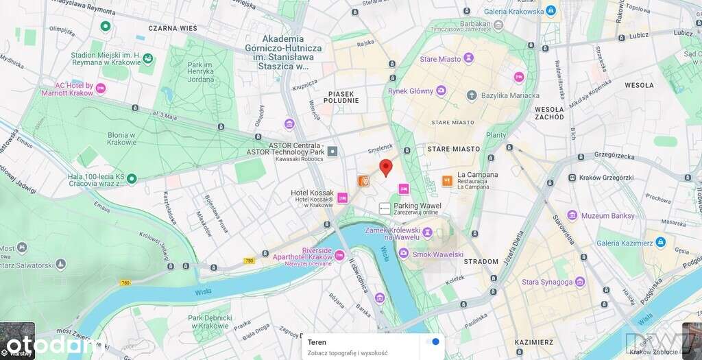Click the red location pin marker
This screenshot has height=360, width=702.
(x=386, y=167)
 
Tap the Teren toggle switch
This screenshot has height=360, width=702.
(x=432, y=341)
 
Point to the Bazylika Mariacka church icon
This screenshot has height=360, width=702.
(x=472, y=95)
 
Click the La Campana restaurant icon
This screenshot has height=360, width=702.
(x=447, y=180)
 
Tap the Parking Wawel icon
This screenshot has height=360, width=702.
(x=385, y=208)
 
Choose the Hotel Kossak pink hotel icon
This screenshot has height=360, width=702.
(x=343, y=197)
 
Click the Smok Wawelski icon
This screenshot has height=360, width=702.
(x=403, y=254)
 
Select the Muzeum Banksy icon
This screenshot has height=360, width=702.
(x=572, y=216)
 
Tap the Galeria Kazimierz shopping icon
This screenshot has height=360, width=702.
(x=660, y=242)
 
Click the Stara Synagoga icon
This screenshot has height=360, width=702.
(x=580, y=282)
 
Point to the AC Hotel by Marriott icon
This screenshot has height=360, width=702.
(x=101, y=88)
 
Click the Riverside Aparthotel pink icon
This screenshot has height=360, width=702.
(x=339, y=256)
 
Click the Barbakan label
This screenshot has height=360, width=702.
(x=476, y=23)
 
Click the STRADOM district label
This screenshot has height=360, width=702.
(x=481, y=261)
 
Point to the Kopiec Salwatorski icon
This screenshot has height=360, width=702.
(x=61, y=264)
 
